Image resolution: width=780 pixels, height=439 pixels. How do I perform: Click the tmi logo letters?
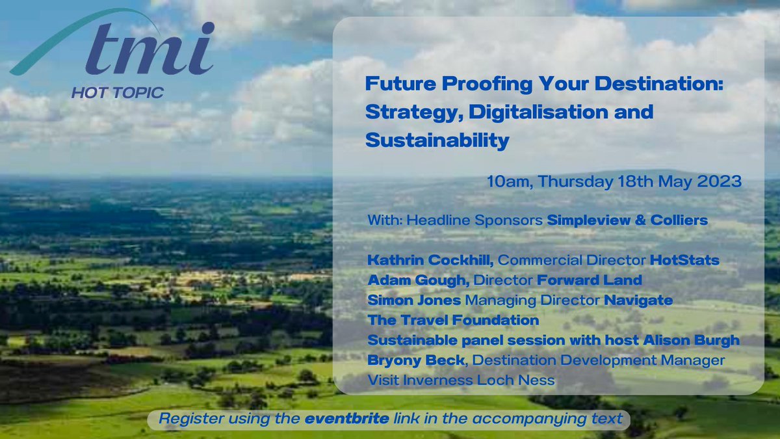pos(149,49)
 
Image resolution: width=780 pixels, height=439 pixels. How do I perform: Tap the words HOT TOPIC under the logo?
pos(118,92)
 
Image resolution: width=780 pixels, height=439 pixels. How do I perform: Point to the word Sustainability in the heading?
pos(437,140)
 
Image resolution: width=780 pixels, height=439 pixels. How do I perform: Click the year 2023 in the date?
pos(720,181)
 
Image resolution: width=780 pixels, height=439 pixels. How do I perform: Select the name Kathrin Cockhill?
pos(430,260)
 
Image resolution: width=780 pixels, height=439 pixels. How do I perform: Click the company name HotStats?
pos(684,260)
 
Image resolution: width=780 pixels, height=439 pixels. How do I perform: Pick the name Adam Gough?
pos(419,280)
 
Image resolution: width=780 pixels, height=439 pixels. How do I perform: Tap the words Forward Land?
pos(590,280)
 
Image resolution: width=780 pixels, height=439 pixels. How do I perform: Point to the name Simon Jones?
pos(415,300)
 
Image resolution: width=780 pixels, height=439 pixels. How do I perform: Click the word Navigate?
pos(638,300)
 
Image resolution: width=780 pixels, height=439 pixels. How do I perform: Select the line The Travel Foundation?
pos(454,320)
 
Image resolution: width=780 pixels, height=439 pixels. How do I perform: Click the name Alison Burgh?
pos(691,340)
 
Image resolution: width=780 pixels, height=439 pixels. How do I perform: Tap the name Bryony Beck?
pos(416,360)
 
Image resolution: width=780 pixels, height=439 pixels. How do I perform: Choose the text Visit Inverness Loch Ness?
pos(461,380)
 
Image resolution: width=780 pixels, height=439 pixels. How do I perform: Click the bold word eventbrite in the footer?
pos(347,419)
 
